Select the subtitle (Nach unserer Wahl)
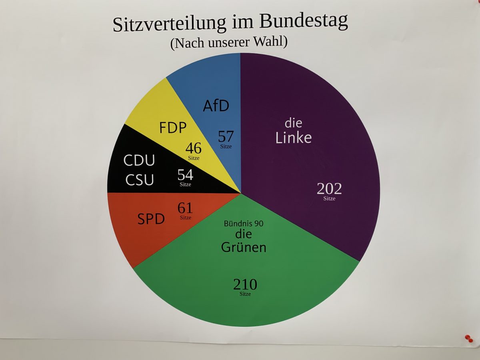229,42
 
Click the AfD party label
216,106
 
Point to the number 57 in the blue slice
226,136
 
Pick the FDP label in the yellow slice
173,128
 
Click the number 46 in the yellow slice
194,148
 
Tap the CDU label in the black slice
139,160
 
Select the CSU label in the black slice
140,180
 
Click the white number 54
185,175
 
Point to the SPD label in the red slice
151,219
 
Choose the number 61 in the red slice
185,208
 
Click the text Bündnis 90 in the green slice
244,223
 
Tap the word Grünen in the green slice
244,247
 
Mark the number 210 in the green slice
245,285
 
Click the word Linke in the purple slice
294,138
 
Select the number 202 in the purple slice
329,188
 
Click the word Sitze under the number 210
245,294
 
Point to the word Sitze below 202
330,198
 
